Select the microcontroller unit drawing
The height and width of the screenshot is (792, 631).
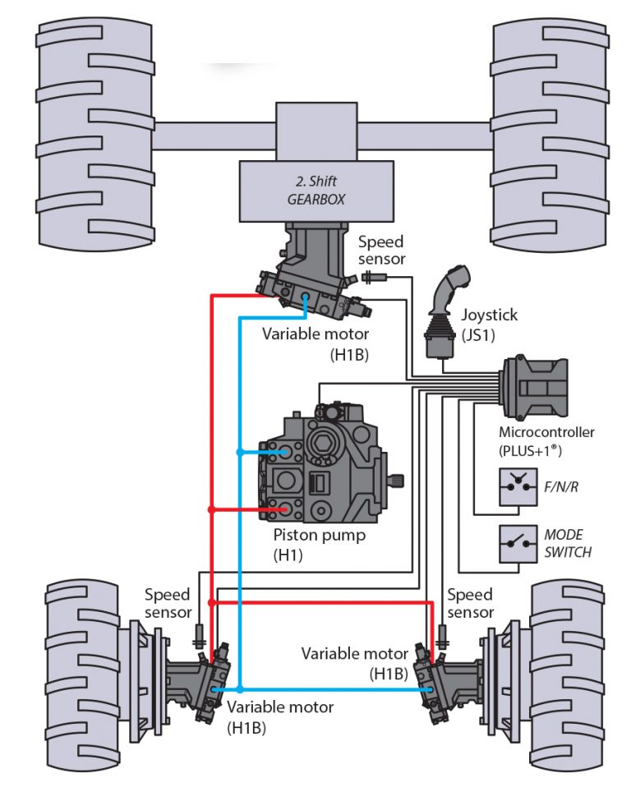click(x=535, y=386)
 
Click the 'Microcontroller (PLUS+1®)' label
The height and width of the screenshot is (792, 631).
click(x=546, y=441)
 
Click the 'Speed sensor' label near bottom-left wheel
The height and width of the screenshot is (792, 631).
click(x=168, y=603)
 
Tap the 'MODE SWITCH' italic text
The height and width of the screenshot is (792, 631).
click(x=567, y=544)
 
